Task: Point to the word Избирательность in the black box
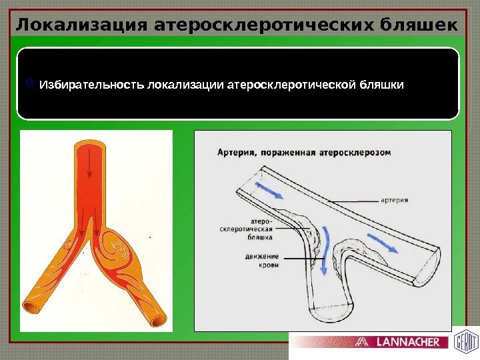(92, 86)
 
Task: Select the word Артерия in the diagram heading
(237, 153)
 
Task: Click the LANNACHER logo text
(408, 342)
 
